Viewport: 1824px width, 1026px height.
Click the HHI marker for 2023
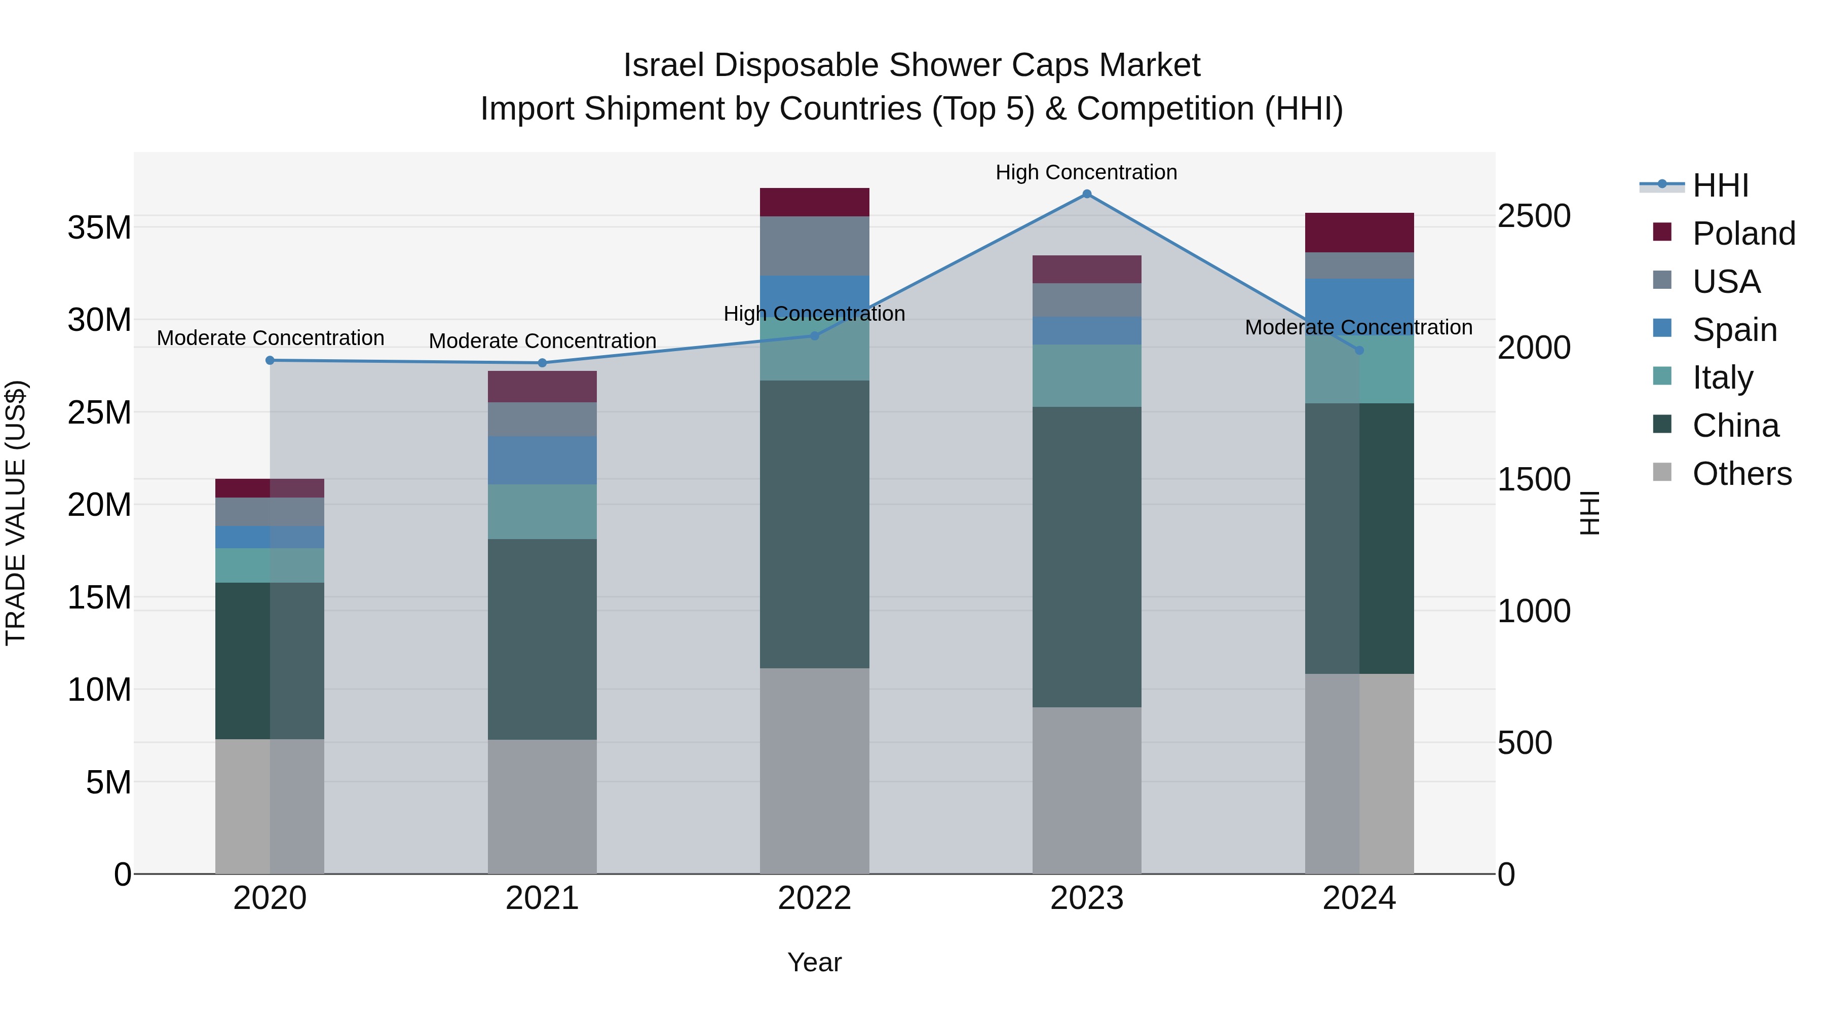coord(1087,194)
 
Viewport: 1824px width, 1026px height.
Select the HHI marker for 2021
coord(542,363)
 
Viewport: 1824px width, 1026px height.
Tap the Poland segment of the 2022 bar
coord(814,203)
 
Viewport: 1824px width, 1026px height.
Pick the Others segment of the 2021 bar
coord(542,807)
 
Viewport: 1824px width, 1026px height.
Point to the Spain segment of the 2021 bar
coord(542,460)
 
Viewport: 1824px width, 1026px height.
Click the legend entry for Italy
coord(1722,377)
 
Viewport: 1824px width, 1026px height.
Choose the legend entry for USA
coord(1726,282)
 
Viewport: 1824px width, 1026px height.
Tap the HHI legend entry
coord(1720,185)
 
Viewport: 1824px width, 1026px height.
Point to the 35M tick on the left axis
coord(99,228)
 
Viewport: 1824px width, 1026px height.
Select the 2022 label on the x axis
coord(814,898)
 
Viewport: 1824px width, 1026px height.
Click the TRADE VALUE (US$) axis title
coord(16,513)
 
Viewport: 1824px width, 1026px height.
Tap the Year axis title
coord(814,962)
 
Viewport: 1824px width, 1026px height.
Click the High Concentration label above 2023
coord(1086,172)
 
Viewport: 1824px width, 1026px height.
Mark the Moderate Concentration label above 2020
coord(271,338)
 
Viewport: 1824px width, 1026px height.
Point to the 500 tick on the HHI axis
coord(1525,743)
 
